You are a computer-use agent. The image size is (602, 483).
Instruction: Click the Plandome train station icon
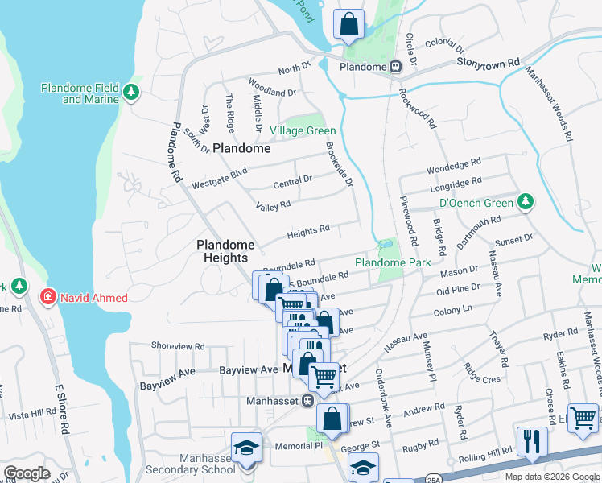(x=395, y=67)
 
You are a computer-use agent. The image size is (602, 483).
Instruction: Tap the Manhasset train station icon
(x=307, y=400)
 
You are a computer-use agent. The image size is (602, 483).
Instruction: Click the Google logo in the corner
(x=27, y=473)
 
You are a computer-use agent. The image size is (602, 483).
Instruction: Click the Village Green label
(x=303, y=130)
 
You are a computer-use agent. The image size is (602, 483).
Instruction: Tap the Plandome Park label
(x=393, y=262)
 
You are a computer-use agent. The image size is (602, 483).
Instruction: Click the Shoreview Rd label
(x=178, y=345)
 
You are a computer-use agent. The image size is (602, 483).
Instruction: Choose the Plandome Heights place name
(x=226, y=251)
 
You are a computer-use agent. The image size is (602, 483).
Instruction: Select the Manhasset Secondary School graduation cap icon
(x=246, y=447)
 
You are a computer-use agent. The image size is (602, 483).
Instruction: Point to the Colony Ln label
(x=454, y=309)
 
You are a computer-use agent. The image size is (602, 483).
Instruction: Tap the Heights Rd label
(x=309, y=230)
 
